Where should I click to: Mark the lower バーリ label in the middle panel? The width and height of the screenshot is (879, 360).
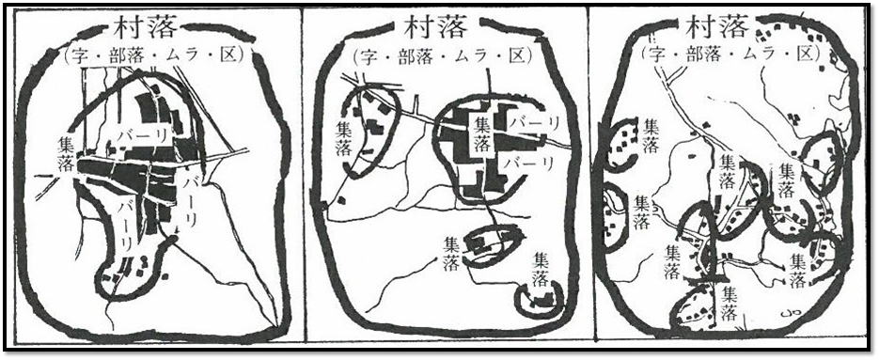click(527, 164)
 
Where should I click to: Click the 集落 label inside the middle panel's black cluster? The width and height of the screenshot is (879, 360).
click(482, 133)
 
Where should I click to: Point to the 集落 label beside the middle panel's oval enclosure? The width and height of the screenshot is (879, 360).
click(452, 254)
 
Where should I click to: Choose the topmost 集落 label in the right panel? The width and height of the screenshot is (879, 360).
click(651, 136)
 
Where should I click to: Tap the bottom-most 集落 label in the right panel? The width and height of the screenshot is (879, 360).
click(730, 304)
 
